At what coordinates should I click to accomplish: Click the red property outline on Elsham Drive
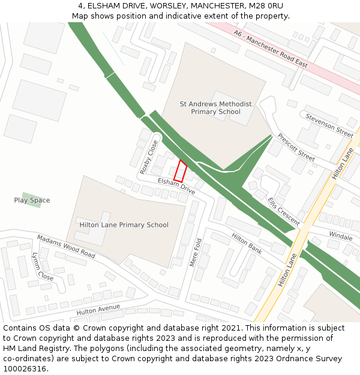(x=180, y=171)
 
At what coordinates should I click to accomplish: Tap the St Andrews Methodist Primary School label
(x=215, y=108)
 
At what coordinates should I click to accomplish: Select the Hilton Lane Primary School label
(x=124, y=225)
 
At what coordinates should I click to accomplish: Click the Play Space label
(x=32, y=200)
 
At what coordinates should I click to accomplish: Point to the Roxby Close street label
(x=149, y=157)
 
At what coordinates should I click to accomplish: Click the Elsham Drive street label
(x=176, y=186)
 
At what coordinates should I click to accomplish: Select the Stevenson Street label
(x=329, y=125)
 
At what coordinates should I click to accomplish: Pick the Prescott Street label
(x=296, y=147)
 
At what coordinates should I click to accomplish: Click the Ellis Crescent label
(x=284, y=211)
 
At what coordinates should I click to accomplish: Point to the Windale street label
(x=341, y=236)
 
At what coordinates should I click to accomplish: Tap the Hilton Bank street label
(x=247, y=243)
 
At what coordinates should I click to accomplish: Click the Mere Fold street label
(x=194, y=252)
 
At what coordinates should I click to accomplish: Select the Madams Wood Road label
(x=66, y=246)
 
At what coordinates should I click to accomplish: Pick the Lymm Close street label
(x=42, y=267)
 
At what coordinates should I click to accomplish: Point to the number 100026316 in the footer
(x=24, y=368)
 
